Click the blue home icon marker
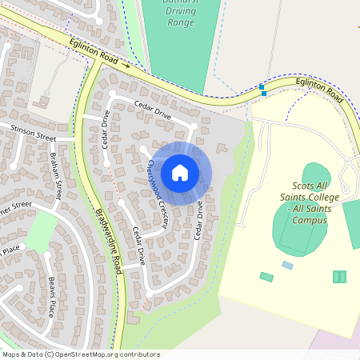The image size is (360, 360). coord(180,172)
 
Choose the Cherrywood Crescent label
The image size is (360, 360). coord(156,193)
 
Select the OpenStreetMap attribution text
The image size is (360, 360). coord(81,354)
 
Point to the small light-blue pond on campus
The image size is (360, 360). coord(287,265)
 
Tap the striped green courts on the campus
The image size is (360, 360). coord(339,277)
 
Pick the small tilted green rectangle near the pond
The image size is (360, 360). coord(266,277)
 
